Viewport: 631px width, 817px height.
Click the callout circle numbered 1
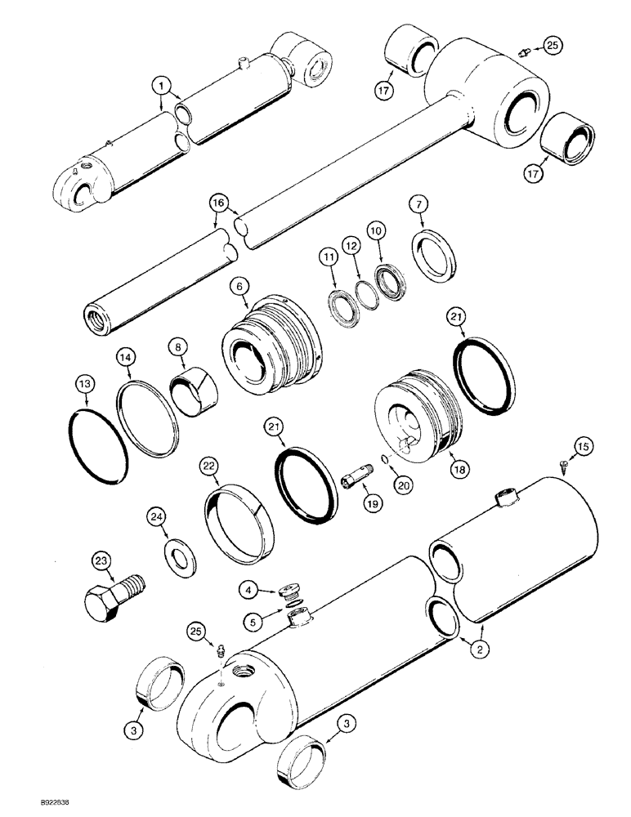(x=163, y=84)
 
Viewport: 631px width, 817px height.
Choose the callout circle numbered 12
(x=351, y=245)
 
